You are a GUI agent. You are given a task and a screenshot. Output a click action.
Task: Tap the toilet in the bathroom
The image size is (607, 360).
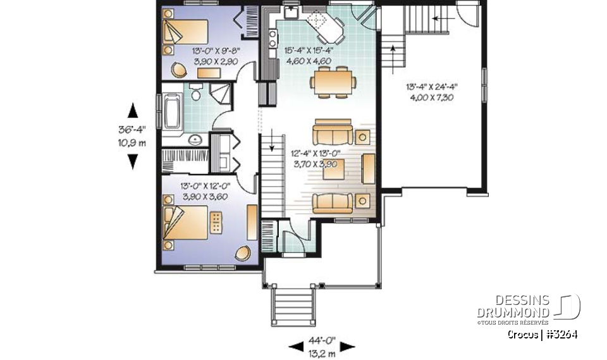[x=197, y=95]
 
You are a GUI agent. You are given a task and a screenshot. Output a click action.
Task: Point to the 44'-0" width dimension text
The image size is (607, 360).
[x=322, y=340]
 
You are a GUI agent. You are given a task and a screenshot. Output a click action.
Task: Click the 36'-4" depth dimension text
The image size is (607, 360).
[x=132, y=130]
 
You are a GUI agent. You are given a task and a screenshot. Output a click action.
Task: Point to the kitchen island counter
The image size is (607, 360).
[x=327, y=29]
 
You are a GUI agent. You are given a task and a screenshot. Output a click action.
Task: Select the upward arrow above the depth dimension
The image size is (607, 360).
[x=132, y=111]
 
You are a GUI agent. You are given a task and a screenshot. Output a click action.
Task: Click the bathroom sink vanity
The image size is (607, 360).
[x=195, y=139]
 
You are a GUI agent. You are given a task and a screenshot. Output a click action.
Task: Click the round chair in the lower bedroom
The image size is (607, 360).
[x=241, y=253]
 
